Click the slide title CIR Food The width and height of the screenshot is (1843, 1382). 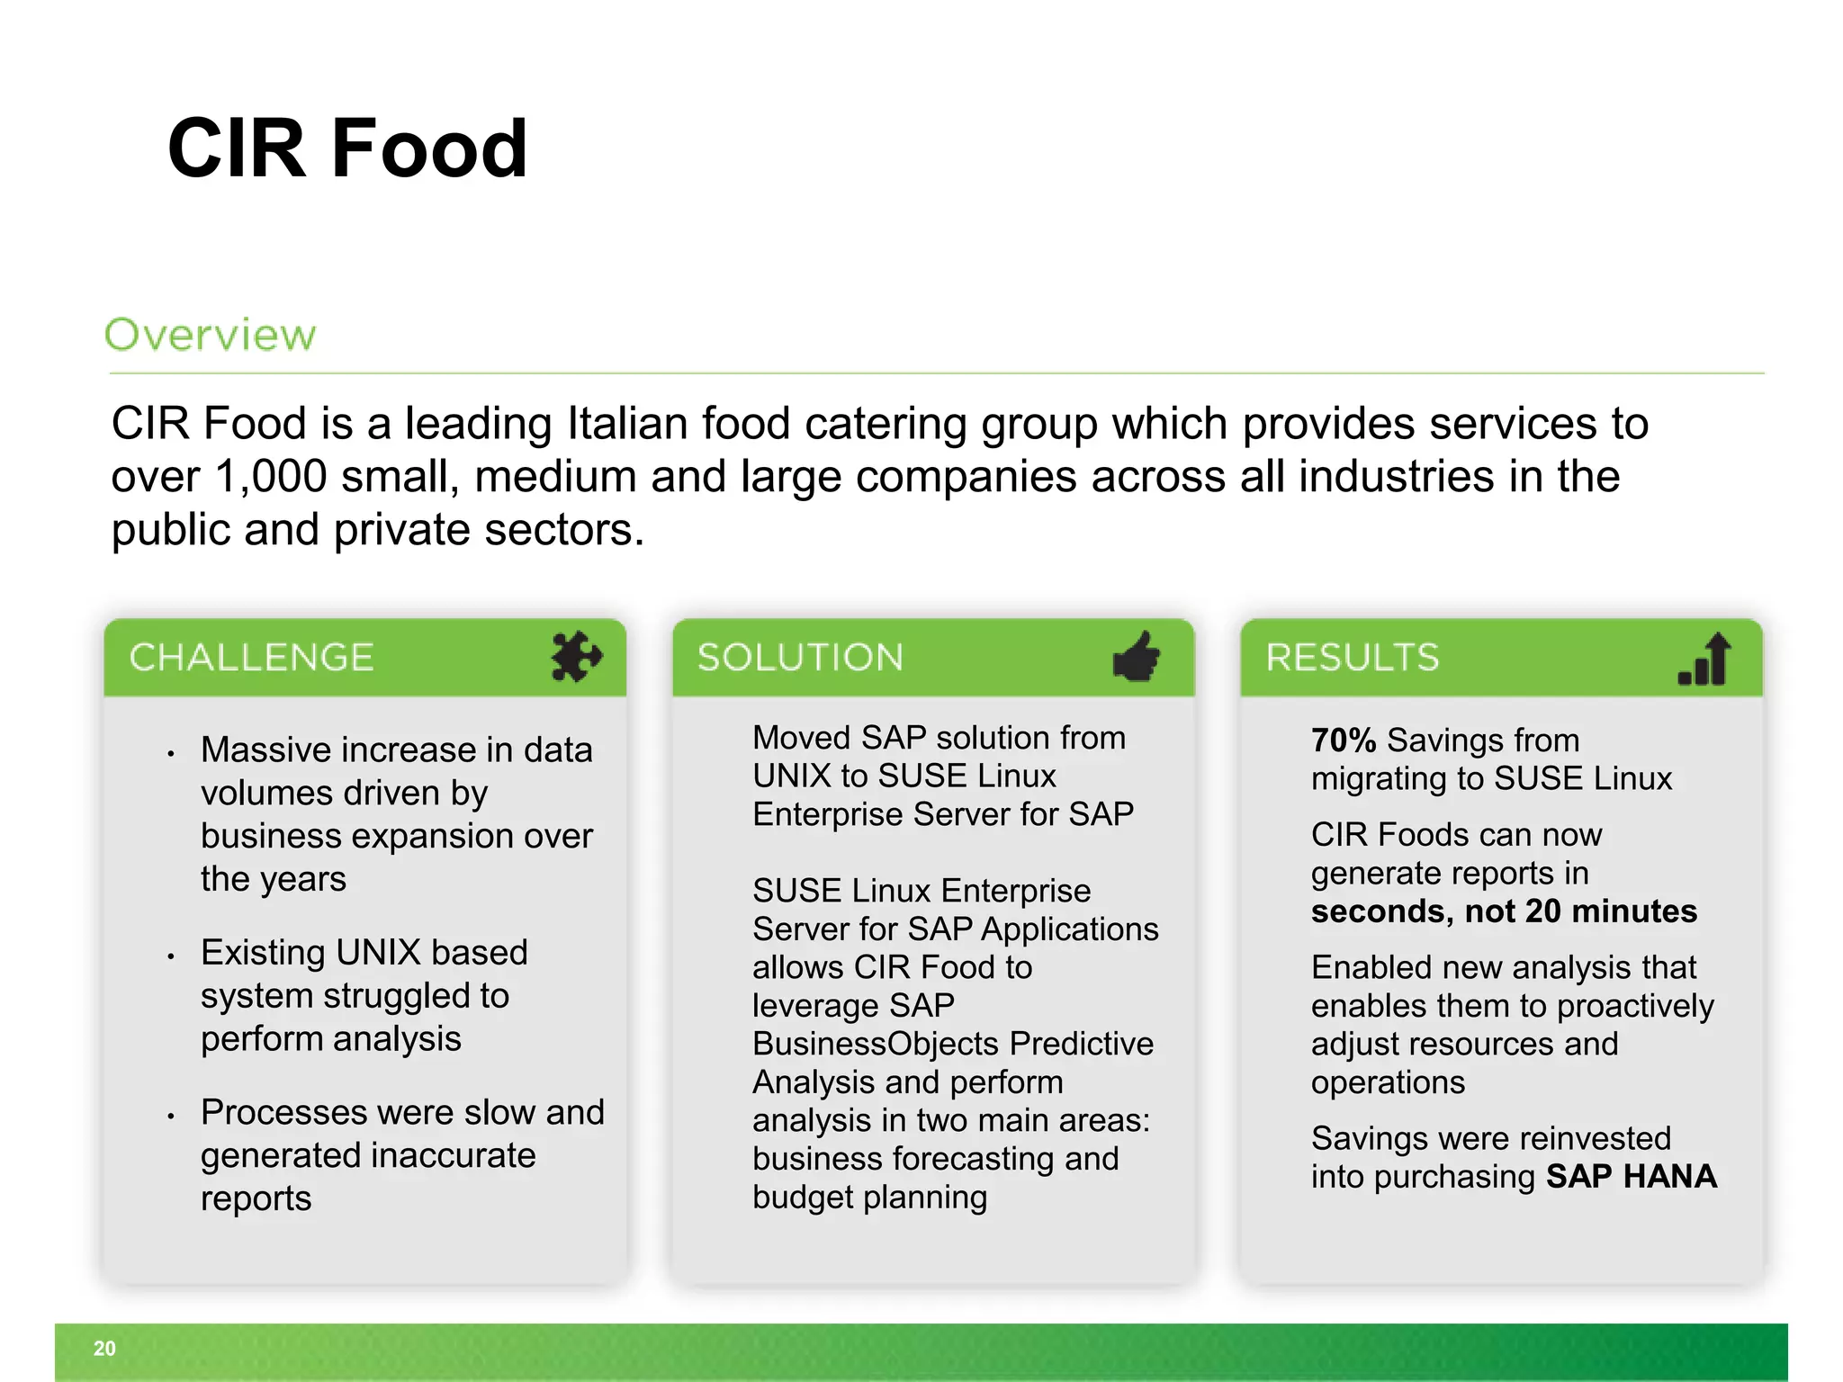346,148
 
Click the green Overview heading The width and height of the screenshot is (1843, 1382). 211,335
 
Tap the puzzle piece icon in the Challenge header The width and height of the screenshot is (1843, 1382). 575,657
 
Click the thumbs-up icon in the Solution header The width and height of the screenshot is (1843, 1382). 1137,657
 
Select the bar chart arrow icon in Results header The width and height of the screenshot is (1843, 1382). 1705,660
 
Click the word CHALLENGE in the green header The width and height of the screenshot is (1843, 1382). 251,658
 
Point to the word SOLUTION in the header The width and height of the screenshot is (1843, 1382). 800,658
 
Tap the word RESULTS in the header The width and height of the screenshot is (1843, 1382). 1353,658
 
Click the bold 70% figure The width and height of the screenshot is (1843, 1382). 1344,740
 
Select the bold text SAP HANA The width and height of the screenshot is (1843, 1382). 1631,1177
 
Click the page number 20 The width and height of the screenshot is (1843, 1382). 104,1349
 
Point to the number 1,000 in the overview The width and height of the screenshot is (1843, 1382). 271,477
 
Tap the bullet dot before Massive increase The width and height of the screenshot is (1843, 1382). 170,754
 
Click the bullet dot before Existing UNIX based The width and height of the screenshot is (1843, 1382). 170,956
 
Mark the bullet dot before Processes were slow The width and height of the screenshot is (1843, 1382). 170,1117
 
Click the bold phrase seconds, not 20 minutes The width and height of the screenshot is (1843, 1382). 1504,911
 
